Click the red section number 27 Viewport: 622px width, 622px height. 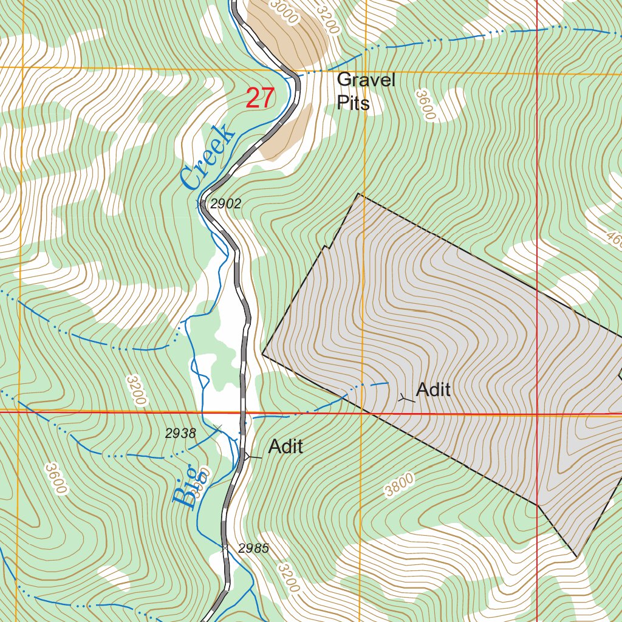click(261, 98)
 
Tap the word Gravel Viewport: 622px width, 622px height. click(366, 80)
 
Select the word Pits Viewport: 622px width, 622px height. click(353, 103)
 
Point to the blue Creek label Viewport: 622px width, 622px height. click(207, 156)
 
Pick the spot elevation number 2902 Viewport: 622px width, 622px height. click(225, 204)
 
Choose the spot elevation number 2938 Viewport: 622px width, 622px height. click(180, 433)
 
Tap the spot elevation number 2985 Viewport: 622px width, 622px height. click(253, 549)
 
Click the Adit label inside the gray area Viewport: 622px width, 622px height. click(434, 389)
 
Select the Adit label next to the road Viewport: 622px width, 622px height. click(285, 446)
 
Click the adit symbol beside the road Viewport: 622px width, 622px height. click(246, 455)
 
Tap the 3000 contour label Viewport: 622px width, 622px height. click(284, 12)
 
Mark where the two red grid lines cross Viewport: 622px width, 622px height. click(538, 415)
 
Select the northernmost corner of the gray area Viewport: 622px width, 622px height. click(359, 194)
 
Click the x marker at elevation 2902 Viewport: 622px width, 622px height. click(202, 204)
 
